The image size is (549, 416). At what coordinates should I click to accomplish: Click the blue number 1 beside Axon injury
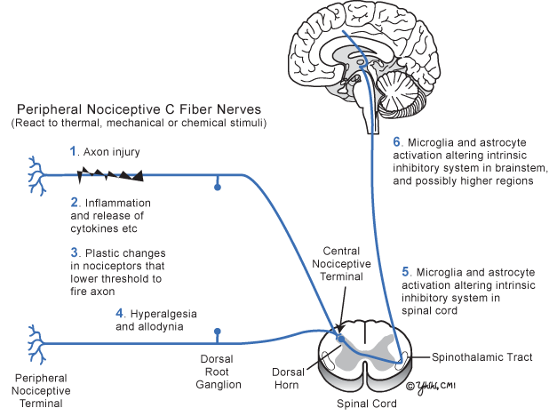74,152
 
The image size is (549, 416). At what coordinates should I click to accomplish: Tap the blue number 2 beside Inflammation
74,203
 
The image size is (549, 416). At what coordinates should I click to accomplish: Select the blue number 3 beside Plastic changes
74,253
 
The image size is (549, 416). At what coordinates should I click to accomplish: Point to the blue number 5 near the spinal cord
405,270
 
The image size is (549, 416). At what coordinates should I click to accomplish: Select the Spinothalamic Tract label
482,357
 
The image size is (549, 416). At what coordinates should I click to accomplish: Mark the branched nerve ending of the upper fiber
38,175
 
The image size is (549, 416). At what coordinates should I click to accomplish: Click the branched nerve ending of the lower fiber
38,342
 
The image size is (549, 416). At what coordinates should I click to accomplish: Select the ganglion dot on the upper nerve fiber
218,188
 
